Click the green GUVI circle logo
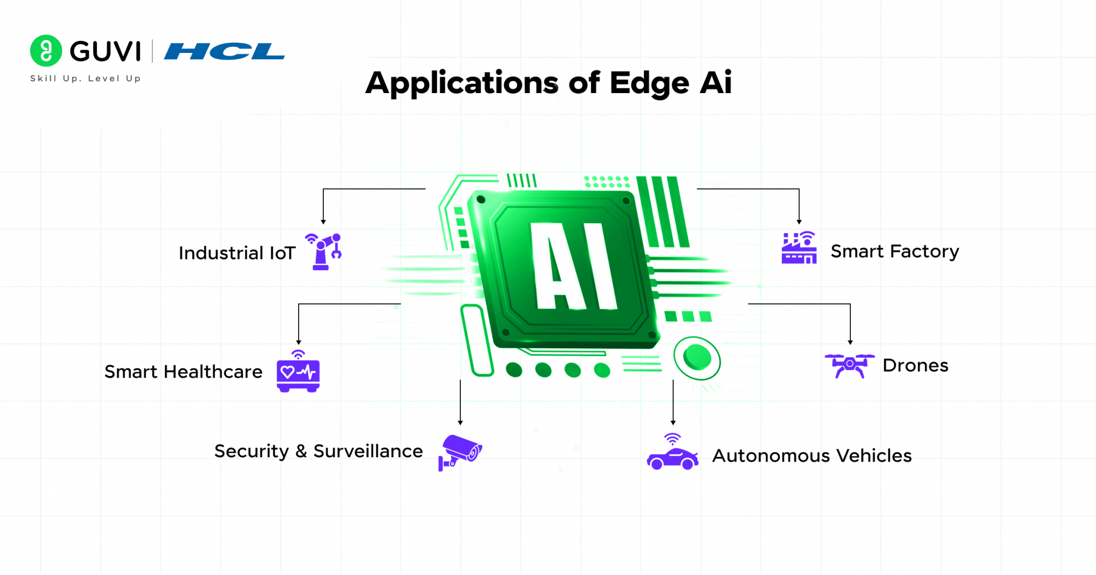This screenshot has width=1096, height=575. click(46, 51)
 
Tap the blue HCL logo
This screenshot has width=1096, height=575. click(224, 51)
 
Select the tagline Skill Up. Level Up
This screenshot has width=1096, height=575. click(86, 79)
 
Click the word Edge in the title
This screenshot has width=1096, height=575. click(649, 83)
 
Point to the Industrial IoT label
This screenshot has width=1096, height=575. click(237, 253)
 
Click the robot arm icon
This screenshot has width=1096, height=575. click(324, 251)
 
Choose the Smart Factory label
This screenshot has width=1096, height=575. click(894, 251)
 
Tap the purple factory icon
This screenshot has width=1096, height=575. click(799, 248)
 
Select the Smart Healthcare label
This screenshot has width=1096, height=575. click(183, 372)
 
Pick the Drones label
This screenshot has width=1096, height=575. click(915, 365)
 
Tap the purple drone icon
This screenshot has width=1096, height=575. click(849, 365)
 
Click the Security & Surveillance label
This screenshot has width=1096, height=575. click(318, 451)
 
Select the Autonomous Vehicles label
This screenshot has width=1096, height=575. click(811, 456)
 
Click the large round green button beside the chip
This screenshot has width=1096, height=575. click(697, 357)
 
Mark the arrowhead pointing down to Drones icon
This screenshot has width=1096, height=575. click(850, 342)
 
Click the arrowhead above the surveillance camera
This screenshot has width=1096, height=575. click(460, 423)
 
